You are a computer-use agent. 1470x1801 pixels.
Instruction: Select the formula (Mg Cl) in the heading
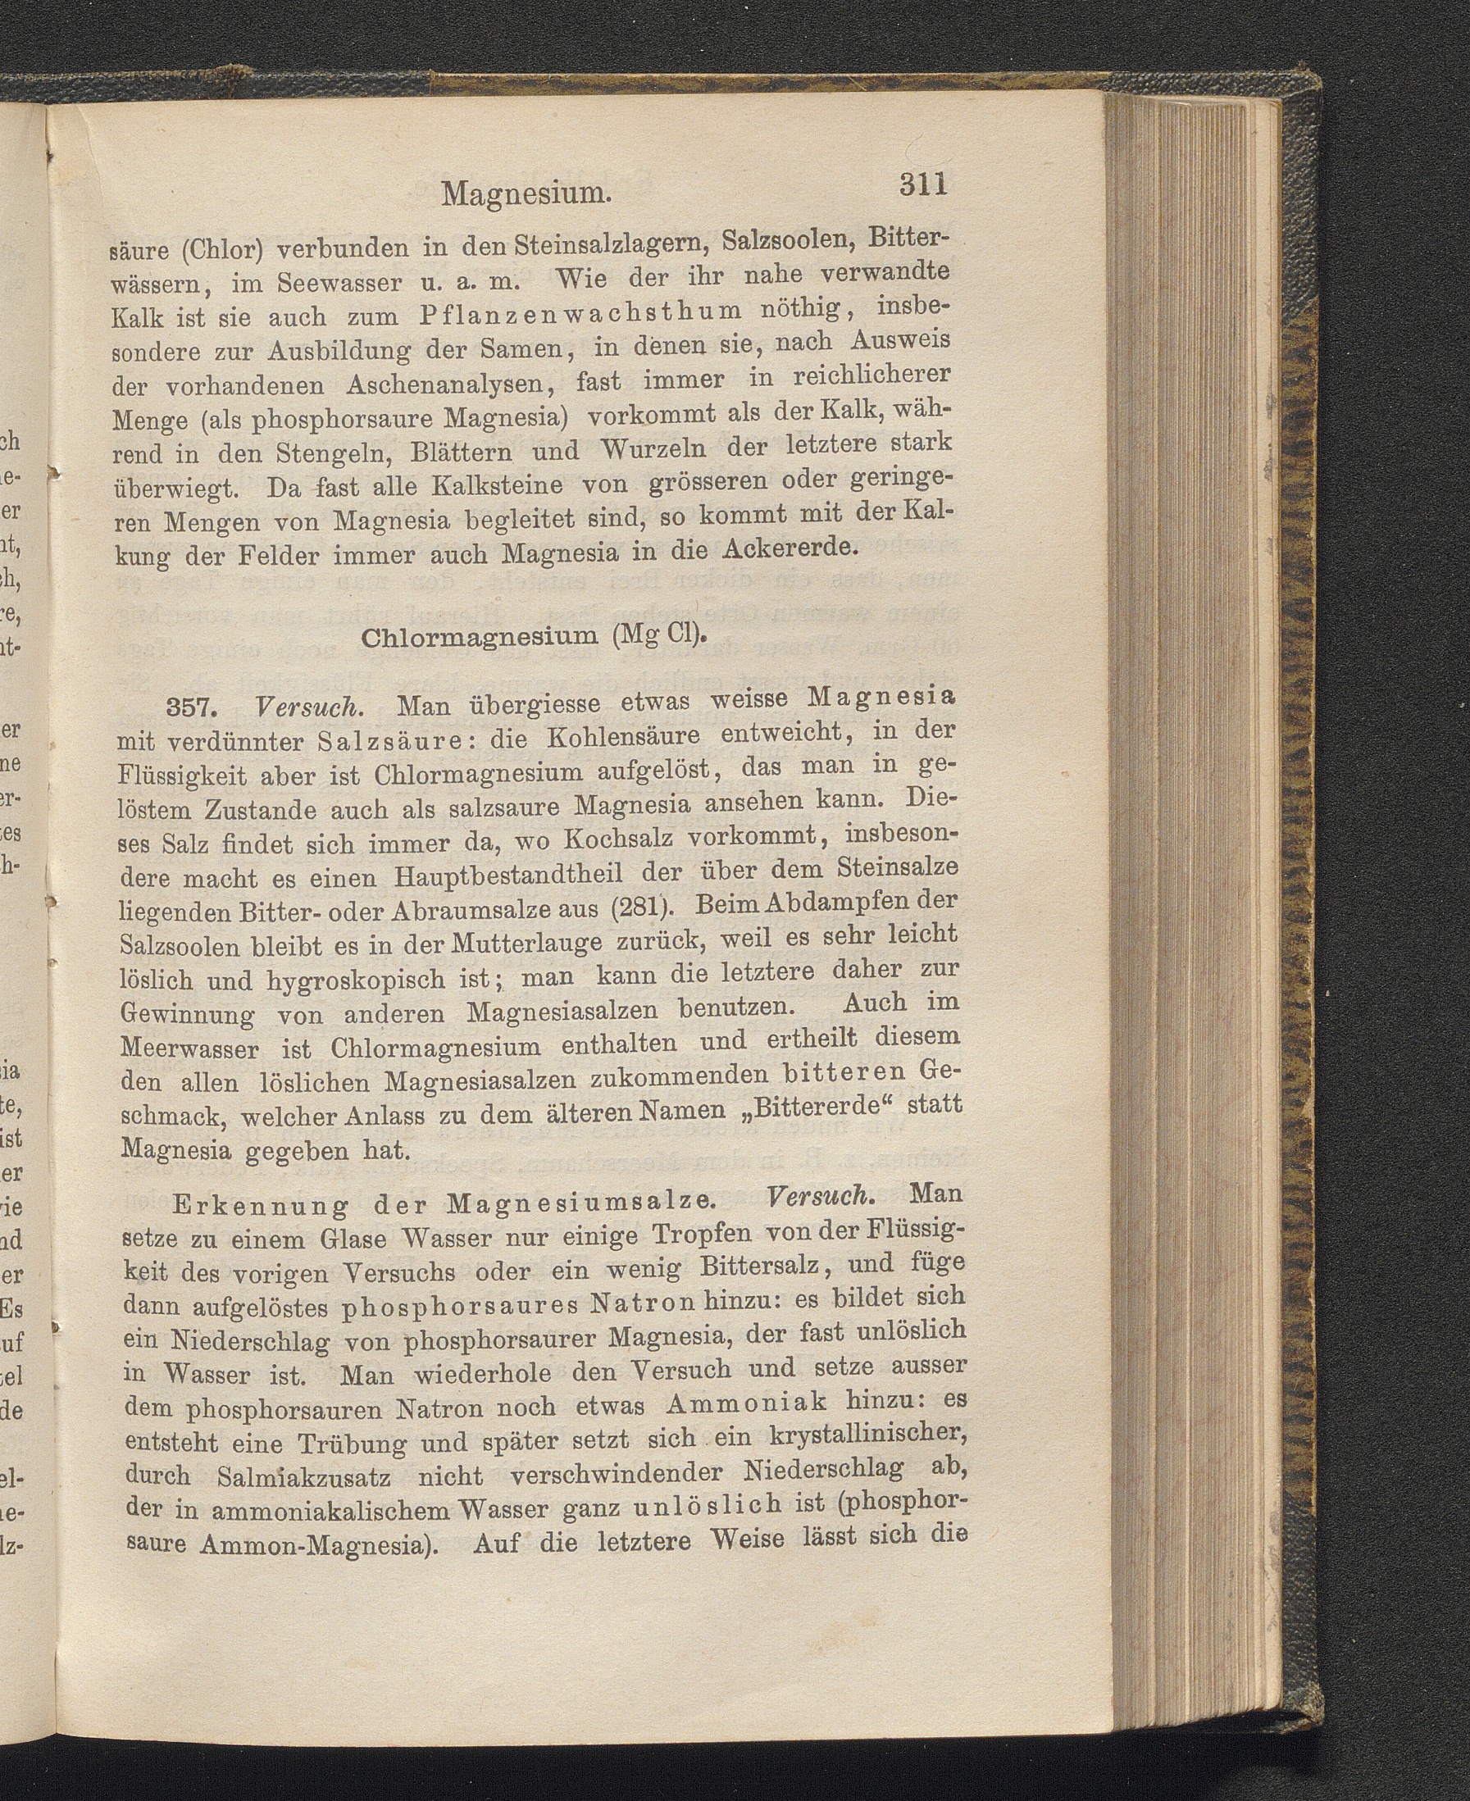pos(659,632)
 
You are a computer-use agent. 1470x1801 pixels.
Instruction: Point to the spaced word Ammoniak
pos(746,1404)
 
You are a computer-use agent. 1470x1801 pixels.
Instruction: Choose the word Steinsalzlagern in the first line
pos(576,248)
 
